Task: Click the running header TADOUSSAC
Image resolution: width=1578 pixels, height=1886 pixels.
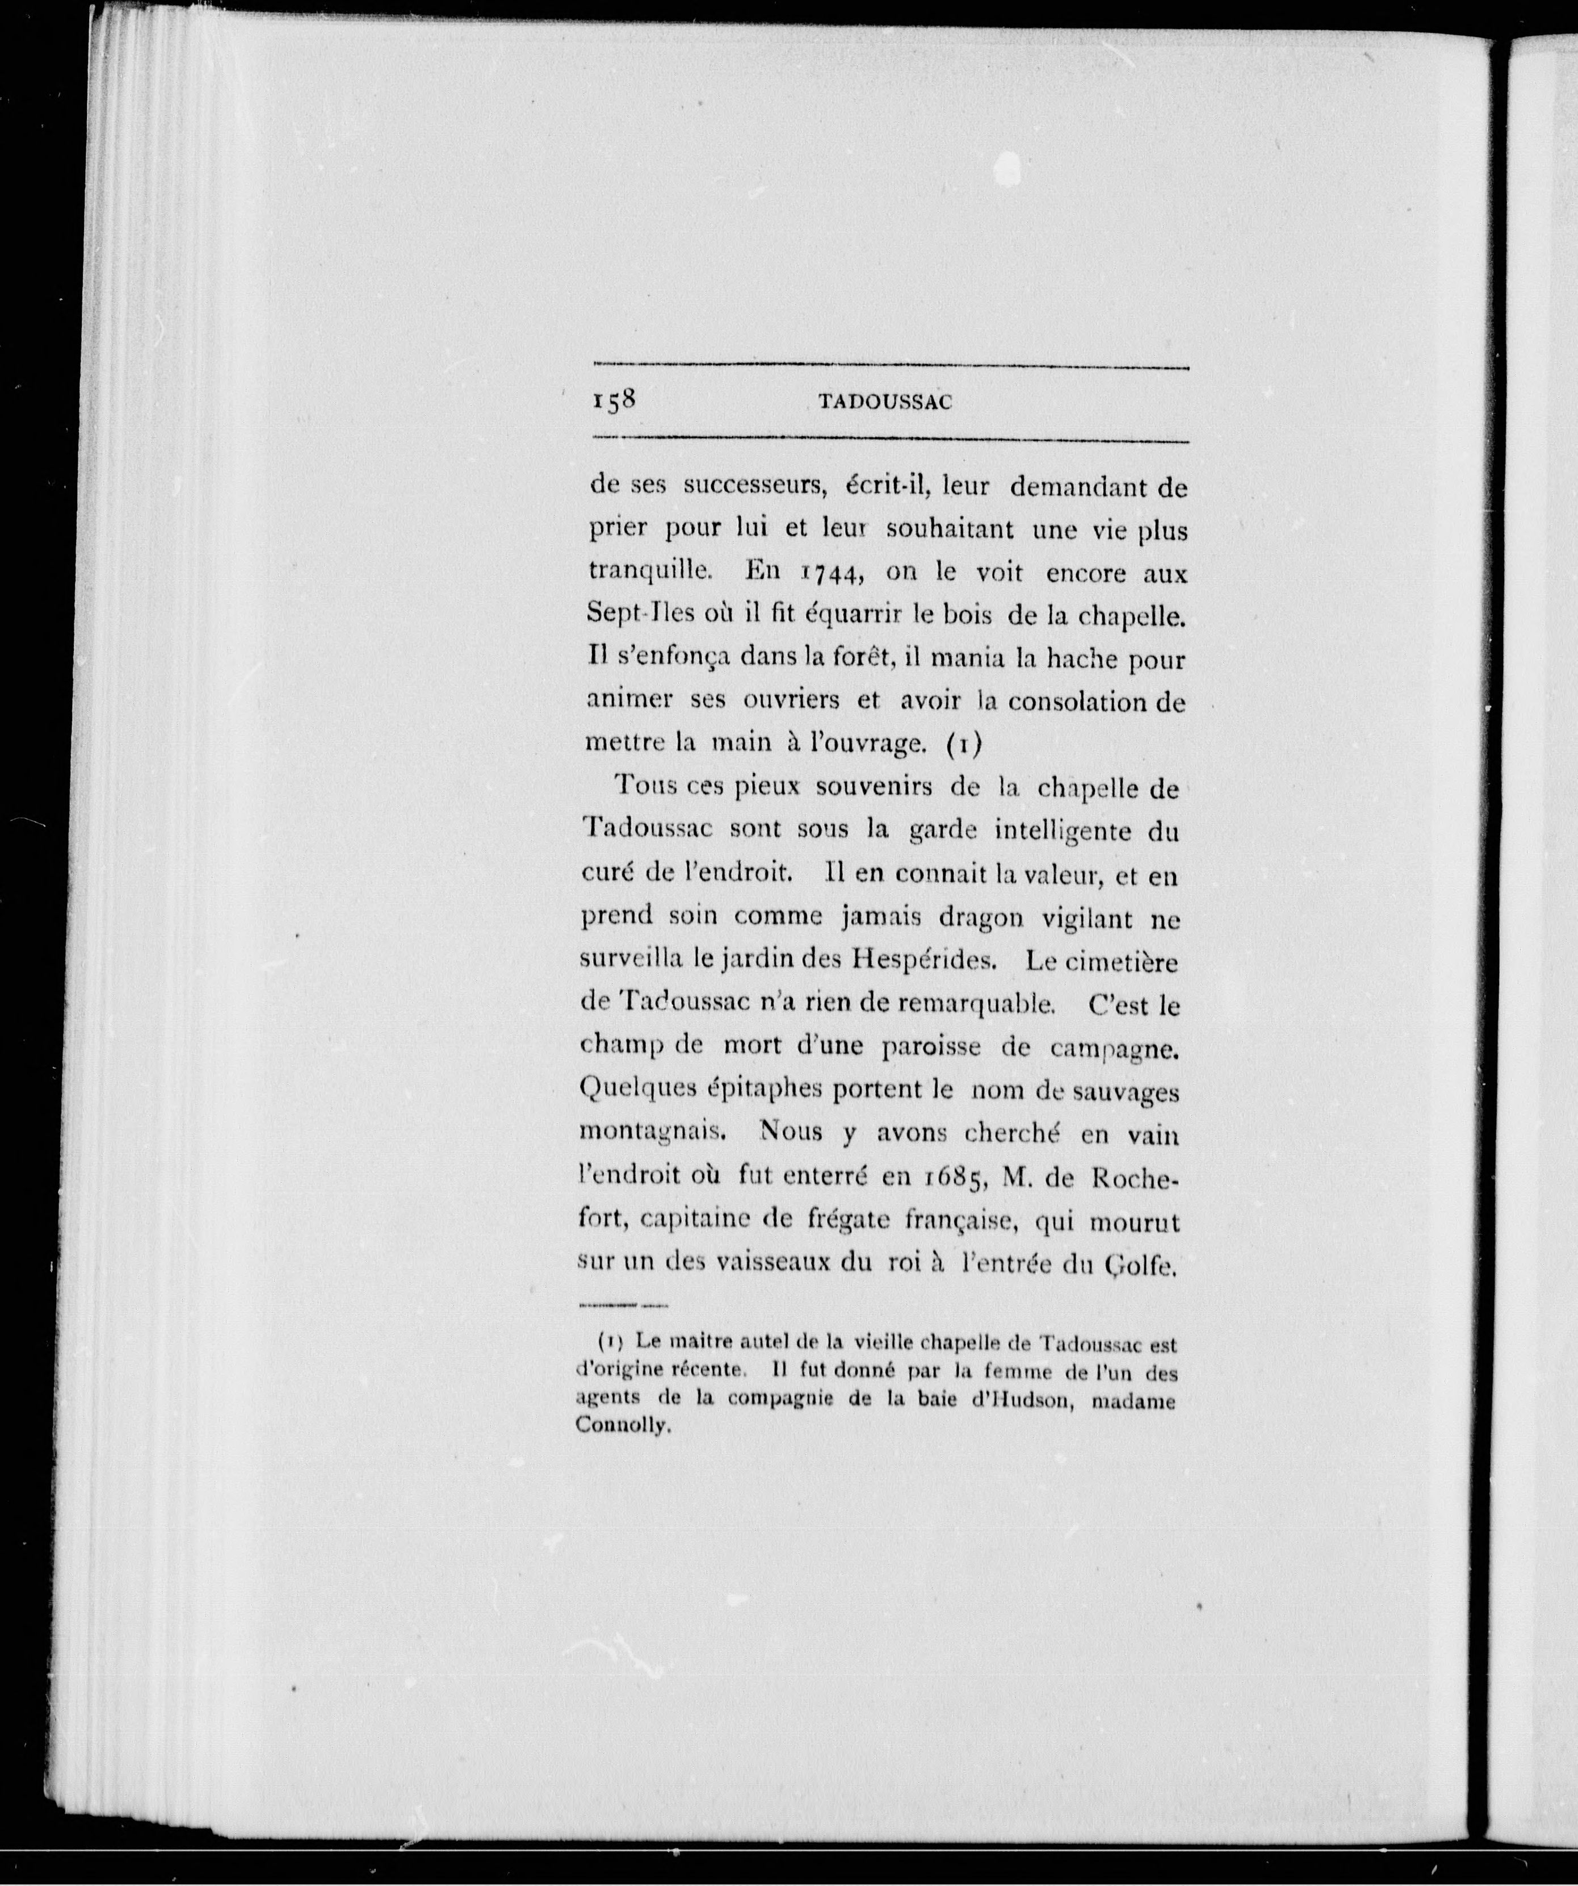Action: click(x=885, y=403)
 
